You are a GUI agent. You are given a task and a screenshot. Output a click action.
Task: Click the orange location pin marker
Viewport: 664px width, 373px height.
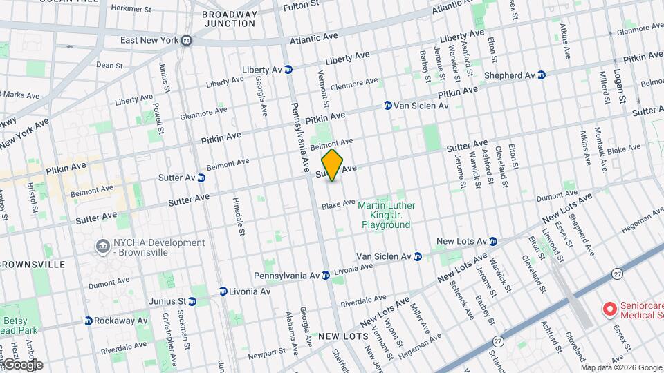333,165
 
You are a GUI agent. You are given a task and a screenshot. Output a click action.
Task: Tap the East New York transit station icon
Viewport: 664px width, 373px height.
187,41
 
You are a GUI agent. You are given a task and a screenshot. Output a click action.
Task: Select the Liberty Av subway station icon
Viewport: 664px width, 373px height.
288,69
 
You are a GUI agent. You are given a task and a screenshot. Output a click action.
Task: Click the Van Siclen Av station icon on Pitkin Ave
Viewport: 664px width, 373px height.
388,106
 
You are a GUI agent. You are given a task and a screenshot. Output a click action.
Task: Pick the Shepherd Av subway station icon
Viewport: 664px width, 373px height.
542,75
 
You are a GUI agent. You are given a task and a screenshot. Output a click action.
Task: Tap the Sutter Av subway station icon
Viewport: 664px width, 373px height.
201,178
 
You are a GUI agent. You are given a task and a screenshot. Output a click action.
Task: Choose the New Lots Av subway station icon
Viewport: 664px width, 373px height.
493,241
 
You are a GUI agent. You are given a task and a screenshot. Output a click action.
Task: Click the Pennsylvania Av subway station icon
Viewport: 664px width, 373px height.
325,275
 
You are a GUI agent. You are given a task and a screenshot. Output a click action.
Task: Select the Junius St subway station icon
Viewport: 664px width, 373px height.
192,301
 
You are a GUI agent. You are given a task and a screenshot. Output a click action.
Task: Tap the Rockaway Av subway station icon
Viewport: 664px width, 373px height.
88,321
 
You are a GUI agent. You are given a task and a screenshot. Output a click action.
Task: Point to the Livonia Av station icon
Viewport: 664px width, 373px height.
223,291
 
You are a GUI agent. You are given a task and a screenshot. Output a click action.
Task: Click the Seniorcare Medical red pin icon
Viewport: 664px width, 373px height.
609,308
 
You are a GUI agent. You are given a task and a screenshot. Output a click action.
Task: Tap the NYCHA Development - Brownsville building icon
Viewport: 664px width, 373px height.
102,245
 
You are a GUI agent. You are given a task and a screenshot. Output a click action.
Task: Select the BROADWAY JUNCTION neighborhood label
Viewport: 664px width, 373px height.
229,19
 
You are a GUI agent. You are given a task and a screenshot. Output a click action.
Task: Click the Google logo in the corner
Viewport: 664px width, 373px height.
22,364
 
